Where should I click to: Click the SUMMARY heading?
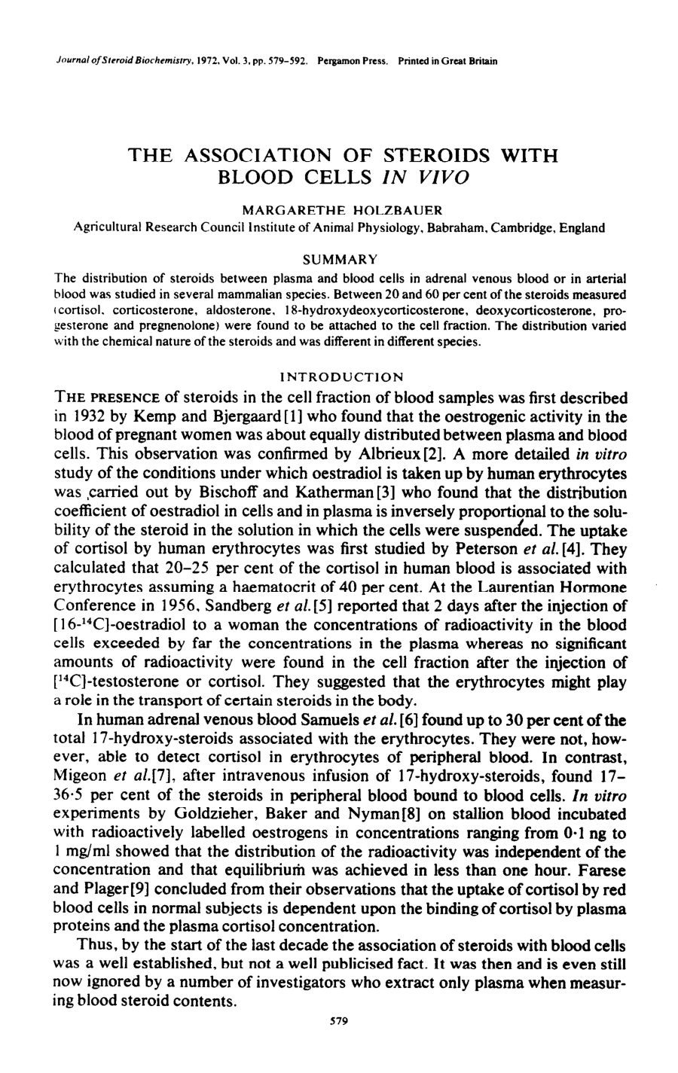coord(339,260)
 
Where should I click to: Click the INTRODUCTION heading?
coord(341,376)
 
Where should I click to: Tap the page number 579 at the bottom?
coord(338,1021)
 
